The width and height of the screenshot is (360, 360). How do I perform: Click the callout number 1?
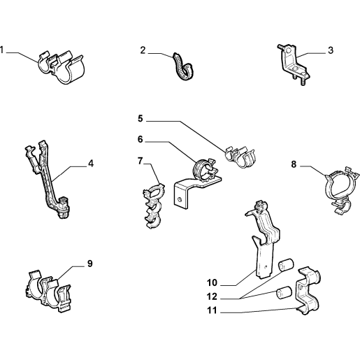2,50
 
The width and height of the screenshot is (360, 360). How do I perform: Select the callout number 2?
143,50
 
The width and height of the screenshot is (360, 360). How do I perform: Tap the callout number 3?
331,50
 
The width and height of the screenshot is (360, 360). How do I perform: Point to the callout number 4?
91,164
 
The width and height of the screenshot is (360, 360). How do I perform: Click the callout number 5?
141,118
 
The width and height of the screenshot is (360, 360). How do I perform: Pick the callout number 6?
141,139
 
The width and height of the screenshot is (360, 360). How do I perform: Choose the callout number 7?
140,161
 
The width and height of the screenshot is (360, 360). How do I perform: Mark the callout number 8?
294,164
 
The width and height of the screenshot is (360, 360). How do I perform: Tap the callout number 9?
90,264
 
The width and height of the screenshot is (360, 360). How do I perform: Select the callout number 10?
212,282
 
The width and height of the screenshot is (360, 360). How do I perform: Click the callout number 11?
212,310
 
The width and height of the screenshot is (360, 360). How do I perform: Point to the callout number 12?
212,296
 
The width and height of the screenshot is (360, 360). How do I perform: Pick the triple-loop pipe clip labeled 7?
154,206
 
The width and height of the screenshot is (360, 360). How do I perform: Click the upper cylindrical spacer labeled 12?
286,265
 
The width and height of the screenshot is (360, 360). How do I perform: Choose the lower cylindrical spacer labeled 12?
284,293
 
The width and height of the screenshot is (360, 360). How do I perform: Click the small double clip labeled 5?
240,157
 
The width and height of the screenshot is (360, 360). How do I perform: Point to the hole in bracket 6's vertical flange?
180,199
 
